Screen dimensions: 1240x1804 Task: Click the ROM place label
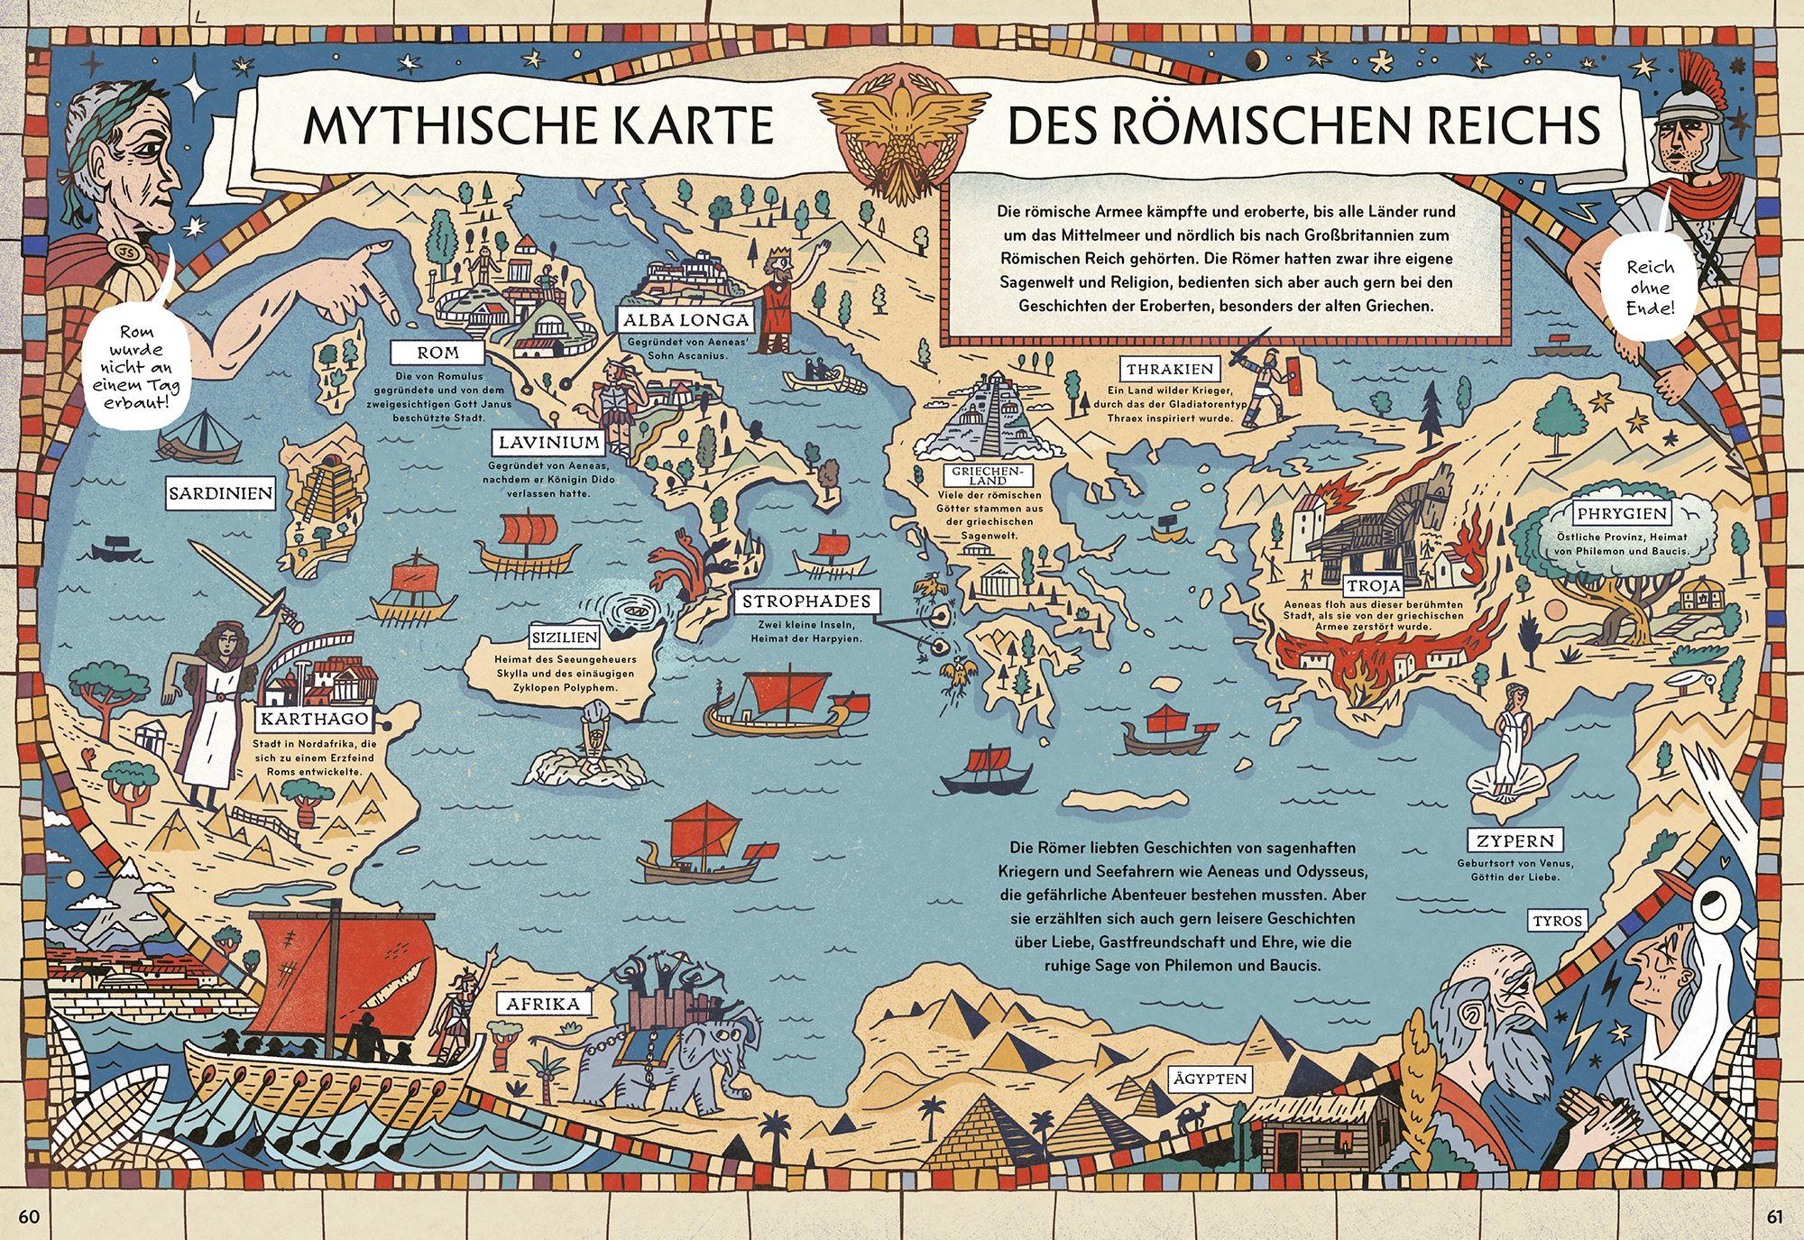click(x=438, y=353)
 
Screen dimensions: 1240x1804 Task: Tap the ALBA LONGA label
click(x=685, y=319)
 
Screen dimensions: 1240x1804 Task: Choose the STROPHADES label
click(x=806, y=602)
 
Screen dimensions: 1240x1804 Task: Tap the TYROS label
click(x=1557, y=921)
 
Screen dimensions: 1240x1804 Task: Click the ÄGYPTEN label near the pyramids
click(x=1210, y=1079)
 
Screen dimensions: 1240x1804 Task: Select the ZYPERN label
click(x=1515, y=841)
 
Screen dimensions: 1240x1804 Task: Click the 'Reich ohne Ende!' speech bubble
click(x=1651, y=288)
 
